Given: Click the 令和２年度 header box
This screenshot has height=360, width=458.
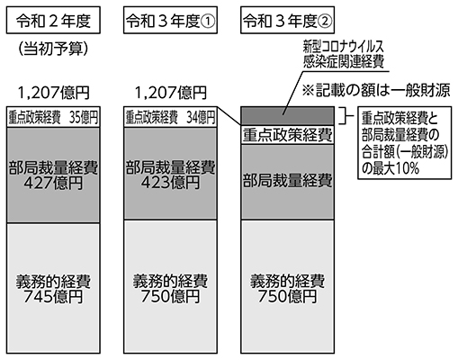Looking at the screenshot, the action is click(x=53, y=20).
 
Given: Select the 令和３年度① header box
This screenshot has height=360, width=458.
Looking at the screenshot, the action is click(x=170, y=20).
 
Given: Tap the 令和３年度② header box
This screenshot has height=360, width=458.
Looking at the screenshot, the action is click(x=287, y=20).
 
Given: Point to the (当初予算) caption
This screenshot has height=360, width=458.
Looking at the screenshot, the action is click(x=53, y=48).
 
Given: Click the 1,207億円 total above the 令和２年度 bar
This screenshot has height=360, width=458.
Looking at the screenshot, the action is click(x=54, y=93).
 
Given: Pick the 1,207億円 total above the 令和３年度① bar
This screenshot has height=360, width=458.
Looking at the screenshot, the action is click(x=171, y=93).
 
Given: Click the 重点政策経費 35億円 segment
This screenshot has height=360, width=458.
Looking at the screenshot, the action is click(x=53, y=117).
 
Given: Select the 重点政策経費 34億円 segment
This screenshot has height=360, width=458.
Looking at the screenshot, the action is click(x=170, y=117).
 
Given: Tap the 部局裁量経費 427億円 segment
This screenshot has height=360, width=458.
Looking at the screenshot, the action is click(x=53, y=175).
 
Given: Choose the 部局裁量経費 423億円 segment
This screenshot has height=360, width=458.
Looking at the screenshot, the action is click(x=170, y=174).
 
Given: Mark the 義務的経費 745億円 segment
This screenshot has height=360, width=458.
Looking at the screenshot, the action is click(x=53, y=288).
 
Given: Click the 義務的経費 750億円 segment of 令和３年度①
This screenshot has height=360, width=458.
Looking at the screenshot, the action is click(x=170, y=287).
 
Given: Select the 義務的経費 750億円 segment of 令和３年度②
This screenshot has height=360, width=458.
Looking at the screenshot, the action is click(x=287, y=287).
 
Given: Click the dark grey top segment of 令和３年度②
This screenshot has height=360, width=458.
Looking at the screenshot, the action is click(x=287, y=116).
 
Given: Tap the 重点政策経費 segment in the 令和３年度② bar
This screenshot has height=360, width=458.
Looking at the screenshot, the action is click(x=287, y=135).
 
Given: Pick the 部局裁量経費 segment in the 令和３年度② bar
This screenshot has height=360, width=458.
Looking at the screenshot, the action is click(x=287, y=182).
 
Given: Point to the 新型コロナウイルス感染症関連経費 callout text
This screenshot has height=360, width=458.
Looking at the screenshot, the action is click(x=344, y=55).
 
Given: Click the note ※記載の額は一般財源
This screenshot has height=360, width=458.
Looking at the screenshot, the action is click(x=376, y=90).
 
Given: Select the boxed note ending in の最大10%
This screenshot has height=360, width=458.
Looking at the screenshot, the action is click(x=404, y=143).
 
